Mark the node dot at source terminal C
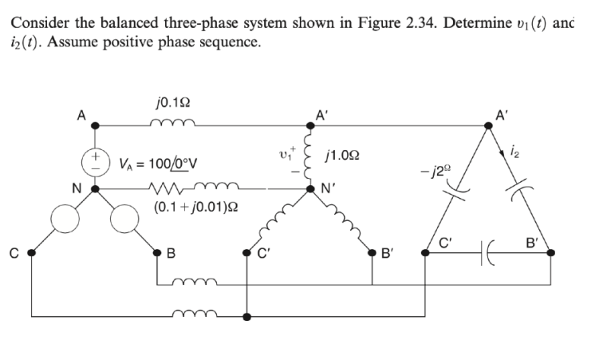coord(32,252)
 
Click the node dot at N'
coord(313,190)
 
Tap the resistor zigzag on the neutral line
coord(172,190)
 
